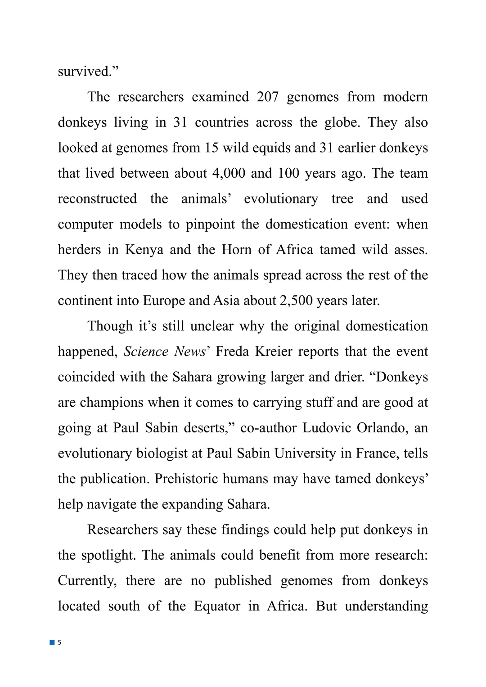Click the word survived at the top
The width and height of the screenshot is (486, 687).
click(84, 72)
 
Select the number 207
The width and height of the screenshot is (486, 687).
click(268, 97)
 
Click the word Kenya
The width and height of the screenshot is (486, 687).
click(144, 250)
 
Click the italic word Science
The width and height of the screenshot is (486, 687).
click(146, 351)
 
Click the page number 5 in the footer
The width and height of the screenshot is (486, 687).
click(59, 642)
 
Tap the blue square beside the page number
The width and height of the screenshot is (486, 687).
click(52, 642)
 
